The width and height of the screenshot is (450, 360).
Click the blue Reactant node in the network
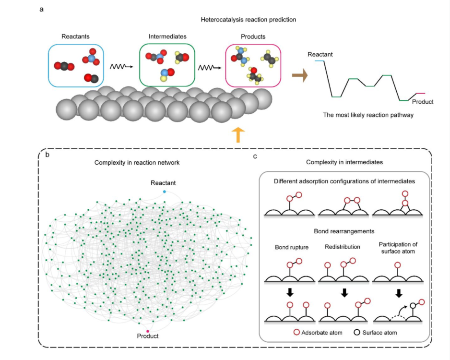coord(164,192)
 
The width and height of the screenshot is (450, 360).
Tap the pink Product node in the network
coord(148,331)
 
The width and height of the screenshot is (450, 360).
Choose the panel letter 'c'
coord(255,155)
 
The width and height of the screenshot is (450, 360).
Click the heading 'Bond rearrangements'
coord(343,231)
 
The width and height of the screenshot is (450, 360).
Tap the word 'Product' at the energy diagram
coord(423,102)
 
